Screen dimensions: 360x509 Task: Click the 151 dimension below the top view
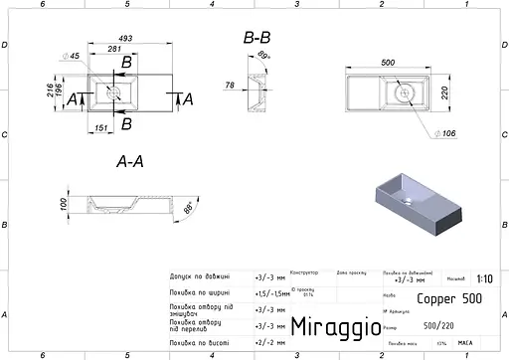(100, 127)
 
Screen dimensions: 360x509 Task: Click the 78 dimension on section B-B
(231, 86)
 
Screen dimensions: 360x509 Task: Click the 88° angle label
(190, 209)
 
